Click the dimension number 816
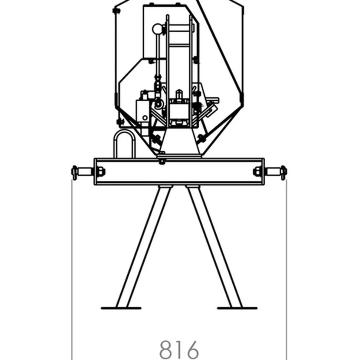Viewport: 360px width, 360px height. tap(179, 350)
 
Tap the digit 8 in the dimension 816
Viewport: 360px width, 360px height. tap(166, 350)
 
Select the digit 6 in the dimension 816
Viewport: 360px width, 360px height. tap(192, 350)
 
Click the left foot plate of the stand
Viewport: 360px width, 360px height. tap(121, 308)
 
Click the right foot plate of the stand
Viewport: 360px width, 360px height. tap(237, 308)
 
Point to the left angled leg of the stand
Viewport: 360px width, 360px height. tap(144, 246)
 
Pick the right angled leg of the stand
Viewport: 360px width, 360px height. tap(214, 246)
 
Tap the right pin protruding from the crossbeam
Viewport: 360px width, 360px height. tap(275, 172)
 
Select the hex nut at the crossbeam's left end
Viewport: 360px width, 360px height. tap(101, 171)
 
